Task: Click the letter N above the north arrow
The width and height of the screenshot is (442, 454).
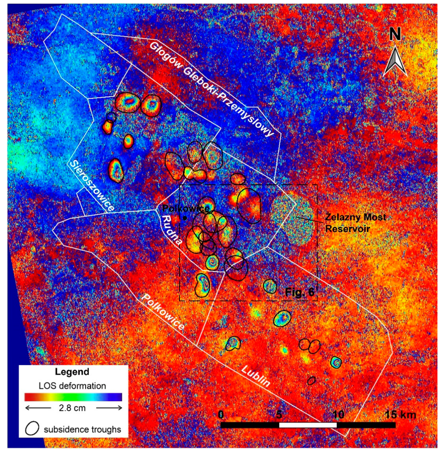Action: (395, 35)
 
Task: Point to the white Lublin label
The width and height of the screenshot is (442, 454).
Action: (255, 376)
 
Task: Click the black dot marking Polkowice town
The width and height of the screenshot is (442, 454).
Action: (185, 218)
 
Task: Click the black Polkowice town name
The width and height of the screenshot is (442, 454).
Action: (186, 209)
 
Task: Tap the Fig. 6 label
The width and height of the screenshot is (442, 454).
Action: (299, 292)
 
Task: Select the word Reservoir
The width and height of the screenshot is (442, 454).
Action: (348, 229)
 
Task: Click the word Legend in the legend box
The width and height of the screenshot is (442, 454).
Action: (72, 372)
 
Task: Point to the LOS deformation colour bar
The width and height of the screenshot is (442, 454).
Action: (73, 397)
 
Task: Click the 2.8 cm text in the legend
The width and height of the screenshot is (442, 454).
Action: (72, 408)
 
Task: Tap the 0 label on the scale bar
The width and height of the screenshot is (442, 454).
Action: (221, 414)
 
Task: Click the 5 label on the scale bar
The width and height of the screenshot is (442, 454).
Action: (279, 414)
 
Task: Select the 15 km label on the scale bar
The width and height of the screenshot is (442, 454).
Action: (400, 415)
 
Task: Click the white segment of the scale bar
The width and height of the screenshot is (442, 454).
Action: (308, 425)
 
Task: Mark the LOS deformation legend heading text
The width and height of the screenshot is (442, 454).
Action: (72, 386)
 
